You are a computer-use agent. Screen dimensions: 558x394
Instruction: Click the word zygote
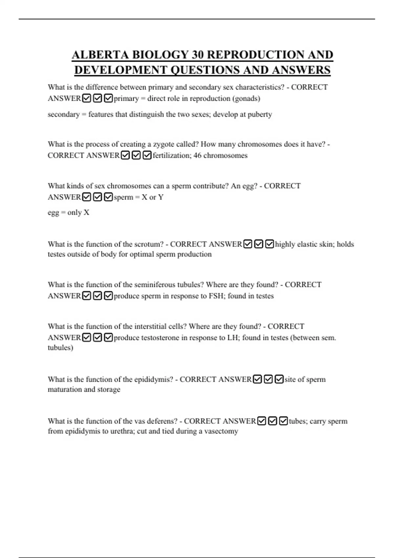coord(164,144)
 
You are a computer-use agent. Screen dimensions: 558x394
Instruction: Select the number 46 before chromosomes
coord(197,155)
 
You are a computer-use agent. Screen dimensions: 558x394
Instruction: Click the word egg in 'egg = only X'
coord(53,213)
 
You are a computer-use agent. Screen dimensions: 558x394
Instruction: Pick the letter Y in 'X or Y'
coord(161,197)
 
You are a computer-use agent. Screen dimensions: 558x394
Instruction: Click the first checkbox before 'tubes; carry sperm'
coord(262,421)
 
